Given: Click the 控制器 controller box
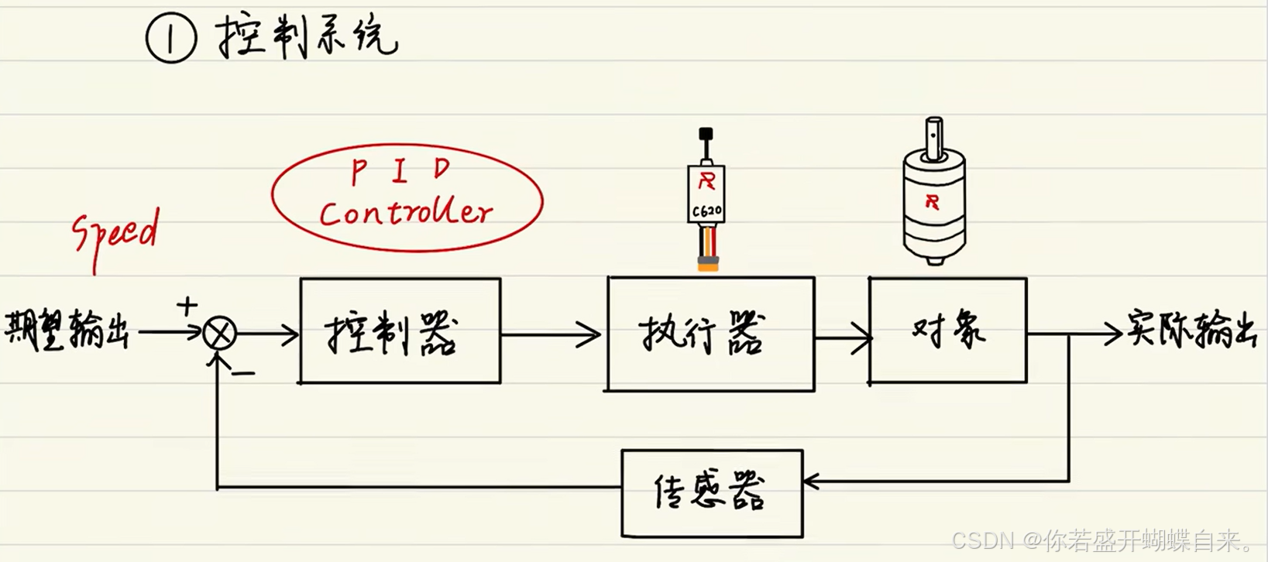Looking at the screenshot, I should [x=400, y=331].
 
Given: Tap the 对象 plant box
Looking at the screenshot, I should [x=948, y=331].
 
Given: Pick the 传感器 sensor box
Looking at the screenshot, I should [x=712, y=493].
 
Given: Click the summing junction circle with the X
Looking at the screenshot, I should [x=219, y=334].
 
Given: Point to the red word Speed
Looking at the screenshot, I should [x=116, y=233].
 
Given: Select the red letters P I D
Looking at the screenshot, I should [x=400, y=170].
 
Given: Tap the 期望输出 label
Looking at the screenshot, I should [x=67, y=331].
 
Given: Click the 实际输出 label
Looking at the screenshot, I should [x=1191, y=329].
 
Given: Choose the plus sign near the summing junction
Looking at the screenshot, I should [x=187, y=306].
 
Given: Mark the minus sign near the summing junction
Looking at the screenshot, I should [x=243, y=374].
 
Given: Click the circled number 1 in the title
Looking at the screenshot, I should [x=171, y=38].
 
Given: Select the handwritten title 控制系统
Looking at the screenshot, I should [x=307, y=36].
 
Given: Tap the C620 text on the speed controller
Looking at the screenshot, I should [x=706, y=211].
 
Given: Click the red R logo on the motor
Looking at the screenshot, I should [x=932, y=202].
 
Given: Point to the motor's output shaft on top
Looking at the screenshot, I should [x=934, y=136].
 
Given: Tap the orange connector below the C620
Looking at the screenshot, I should [x=707, y=263].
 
